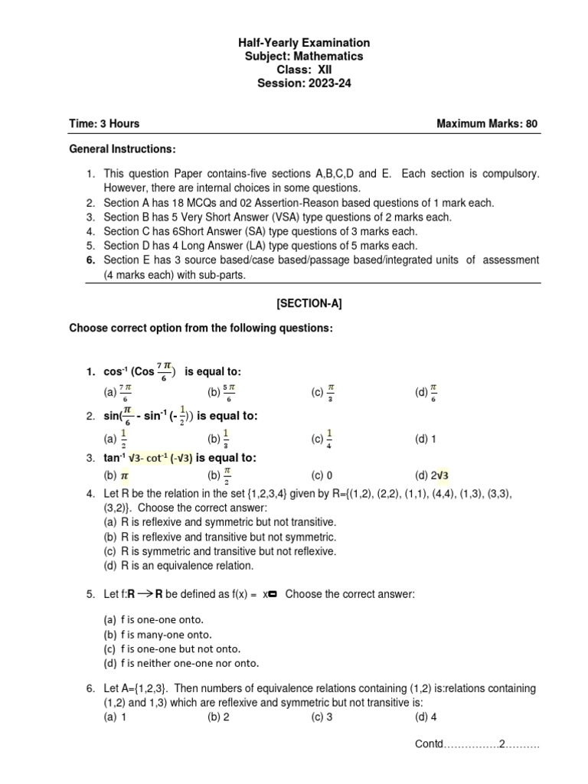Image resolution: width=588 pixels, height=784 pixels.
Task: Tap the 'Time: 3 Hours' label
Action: pyautogui.click(x=104, y=123)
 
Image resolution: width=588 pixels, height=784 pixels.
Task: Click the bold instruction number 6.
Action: pyautogui.click(x=90, y=260)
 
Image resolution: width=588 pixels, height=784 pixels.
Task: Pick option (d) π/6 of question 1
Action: pyautogui.click(x=426, y=393)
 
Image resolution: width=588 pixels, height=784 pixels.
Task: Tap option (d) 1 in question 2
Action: pyautogui.click(x=426, y=439)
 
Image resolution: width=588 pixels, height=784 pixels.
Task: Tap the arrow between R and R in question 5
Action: pyautogui.click(x=145, y=593)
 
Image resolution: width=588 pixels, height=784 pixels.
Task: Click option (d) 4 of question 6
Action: pyautogui.click(x=426, y=717)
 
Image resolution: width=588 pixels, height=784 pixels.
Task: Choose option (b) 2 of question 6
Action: pyautogui.click(x=218, y=717)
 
